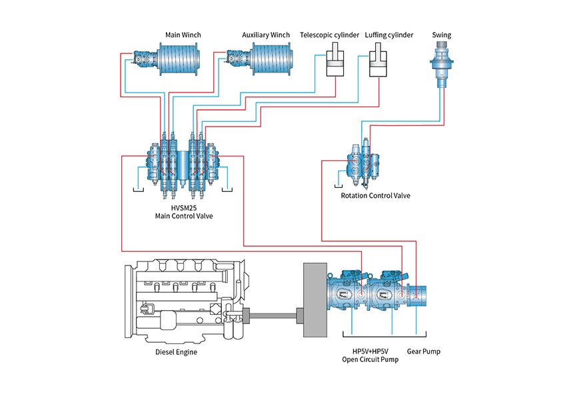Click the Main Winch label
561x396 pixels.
pyautogui.click(x=183, y=35)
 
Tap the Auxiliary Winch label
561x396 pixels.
pyautogui.click(x=266, y=35)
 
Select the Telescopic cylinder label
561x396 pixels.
pyautogui.click(x=330, y=35)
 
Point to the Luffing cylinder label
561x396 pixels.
pyautogui.click(x=389, y=35)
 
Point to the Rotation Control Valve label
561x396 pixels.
pyautogui.click(x=376, y=196)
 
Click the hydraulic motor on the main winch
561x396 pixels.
pyautogui.click(x=141, y=60)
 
